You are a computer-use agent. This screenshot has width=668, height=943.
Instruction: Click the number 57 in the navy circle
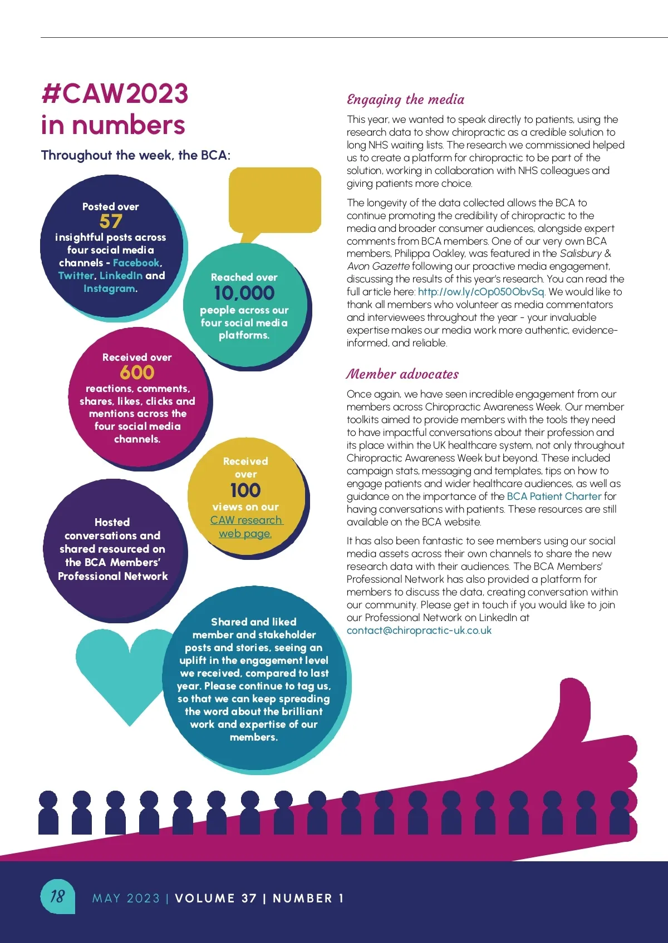tap(111, 221)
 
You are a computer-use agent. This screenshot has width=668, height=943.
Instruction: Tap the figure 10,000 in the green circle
tap(244, 293)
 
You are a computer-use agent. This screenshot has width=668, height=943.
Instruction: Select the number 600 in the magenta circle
tap(137, 372)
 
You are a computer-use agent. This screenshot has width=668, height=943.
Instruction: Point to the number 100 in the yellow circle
tap(245, 490)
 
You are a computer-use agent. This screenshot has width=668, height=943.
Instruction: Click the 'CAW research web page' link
tap(246, 527)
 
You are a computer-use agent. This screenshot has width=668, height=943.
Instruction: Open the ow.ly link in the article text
tap(481, 292)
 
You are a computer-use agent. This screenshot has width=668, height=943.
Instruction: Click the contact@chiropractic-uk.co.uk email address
tap(419, 631)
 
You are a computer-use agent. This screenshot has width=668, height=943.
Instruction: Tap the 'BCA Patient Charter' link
tap(554, 497)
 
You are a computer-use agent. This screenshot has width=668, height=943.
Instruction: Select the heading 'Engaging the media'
tap(405, 100)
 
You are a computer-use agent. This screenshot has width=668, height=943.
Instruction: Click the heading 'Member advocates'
tap(402, 374)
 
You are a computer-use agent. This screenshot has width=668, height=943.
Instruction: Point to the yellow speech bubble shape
tap(275, 200)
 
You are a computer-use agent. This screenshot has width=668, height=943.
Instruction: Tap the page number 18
tap(57, 896)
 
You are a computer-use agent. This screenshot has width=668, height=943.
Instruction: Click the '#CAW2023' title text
tap(115, 93)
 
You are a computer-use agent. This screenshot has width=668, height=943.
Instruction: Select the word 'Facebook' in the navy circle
tap(136, 263)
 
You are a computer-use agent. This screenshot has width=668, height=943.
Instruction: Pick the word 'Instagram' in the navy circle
tap(109, 289)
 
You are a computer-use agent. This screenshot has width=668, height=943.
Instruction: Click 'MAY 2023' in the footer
tap(126, 899)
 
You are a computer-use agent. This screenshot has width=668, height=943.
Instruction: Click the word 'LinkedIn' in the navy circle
tap(121, 276)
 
